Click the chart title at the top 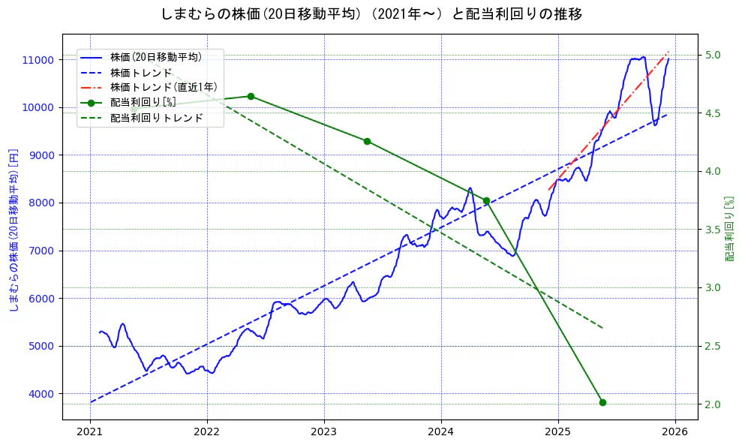click(x=371, y=14)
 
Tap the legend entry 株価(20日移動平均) click(x=155, y=57)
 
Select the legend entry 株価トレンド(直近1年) click(x=163, y=87)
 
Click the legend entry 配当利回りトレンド click(x=156, y=118)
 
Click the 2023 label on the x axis click(x=323, y=432)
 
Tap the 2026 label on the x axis click(x=674, y=432)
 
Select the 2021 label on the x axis click(x=90, y=432)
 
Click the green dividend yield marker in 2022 click(x=251, y=96)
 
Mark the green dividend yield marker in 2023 click(x=367, y=141)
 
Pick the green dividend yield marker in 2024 click(x=486, y=201)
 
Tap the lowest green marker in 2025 click(x=602, y=402)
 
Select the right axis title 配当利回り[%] click(x=730, y=229)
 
